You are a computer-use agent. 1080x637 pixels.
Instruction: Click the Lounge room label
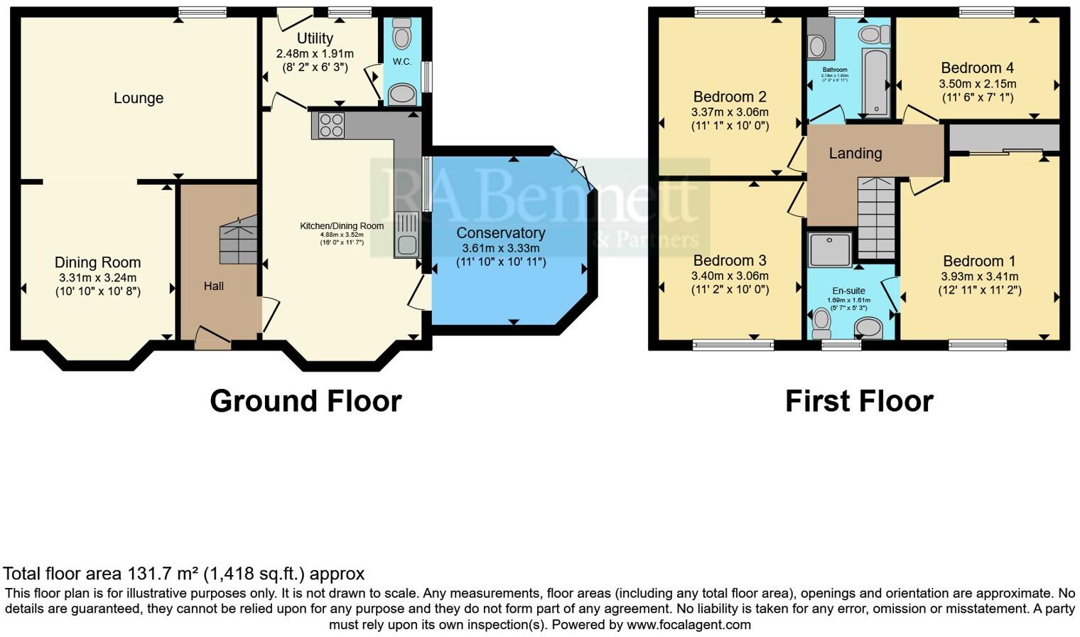click(139, 98)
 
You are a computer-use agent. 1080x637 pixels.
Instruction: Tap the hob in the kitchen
click(331, 125)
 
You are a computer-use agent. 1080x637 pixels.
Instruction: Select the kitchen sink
click(407, 235)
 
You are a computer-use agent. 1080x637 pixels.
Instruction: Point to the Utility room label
click(315, 38)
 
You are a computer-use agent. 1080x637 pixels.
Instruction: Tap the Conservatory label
click(501, 233)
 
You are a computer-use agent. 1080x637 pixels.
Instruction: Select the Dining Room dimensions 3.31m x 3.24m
click(97, 277)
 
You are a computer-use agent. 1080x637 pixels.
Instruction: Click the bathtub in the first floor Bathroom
click(875, 82)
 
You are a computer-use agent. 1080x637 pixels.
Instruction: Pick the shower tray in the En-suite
click(830, 249)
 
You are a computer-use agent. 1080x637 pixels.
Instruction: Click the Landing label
click(855, 153)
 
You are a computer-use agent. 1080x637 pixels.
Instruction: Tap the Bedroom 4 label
click(977, 68)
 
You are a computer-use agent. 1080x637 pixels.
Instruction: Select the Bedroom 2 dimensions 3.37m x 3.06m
click(730, 112)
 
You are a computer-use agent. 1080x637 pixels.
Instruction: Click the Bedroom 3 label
click(730, 260)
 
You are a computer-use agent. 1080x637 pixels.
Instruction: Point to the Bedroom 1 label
click(979, 261)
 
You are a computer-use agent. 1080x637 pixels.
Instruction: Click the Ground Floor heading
click(306, 401)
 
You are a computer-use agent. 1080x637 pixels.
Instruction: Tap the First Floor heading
click(859, 401)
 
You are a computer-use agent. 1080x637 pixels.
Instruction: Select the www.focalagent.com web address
click(688, 625)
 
